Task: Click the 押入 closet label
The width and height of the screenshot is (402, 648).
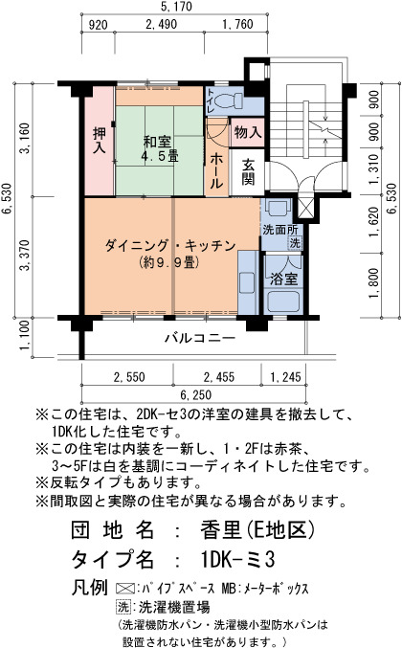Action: [x=100, y=141]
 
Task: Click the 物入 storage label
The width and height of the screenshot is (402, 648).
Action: [x=248, y=133]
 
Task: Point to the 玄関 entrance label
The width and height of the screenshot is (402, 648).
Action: [x=248, y=171]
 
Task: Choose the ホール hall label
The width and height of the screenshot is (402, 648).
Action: [x=216, y=170]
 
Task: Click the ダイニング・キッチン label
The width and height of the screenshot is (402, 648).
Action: [x=169, y=245]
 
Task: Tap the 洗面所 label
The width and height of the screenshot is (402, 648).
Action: [x=279, y=230]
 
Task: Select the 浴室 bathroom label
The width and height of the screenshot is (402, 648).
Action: [x=284, y=279]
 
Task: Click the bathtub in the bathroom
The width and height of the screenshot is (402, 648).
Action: [x=283, y=302]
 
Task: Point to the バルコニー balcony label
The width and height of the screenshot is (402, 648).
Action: [x=200, y=338]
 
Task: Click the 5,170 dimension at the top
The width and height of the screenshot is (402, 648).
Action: [x=176, y=7]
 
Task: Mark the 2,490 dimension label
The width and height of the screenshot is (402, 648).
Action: [x=162, y=24]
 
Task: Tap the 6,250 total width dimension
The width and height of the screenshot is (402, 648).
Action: [x=196, y=394]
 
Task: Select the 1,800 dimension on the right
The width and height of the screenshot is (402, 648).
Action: [x=373, y=284]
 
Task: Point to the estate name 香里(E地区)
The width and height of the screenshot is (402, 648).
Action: [x=257, y=529]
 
